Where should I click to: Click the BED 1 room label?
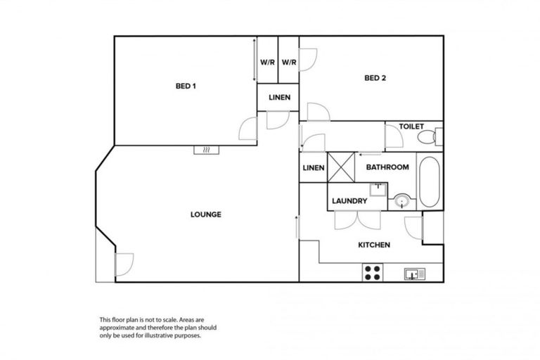[x=186, y=86]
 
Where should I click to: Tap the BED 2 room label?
[x=375, y=78]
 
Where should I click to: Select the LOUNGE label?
[x=206, y=214]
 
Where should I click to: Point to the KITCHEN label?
[x=374, y=245]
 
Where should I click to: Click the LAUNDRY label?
[x=349, y=201]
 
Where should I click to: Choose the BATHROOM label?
[x=387, y=167]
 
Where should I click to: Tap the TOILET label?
[x=411, y=127]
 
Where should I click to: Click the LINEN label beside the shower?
[x=313, y=168]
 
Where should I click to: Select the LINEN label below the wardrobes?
[x=280, y=97]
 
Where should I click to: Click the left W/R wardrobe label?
[x=267, y=62]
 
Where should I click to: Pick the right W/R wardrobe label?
[x=289, y=62]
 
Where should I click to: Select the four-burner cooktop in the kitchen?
[x=372, y=273]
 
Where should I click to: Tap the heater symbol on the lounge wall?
[x=207, y=150]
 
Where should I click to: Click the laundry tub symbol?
[x=378, y=188]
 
